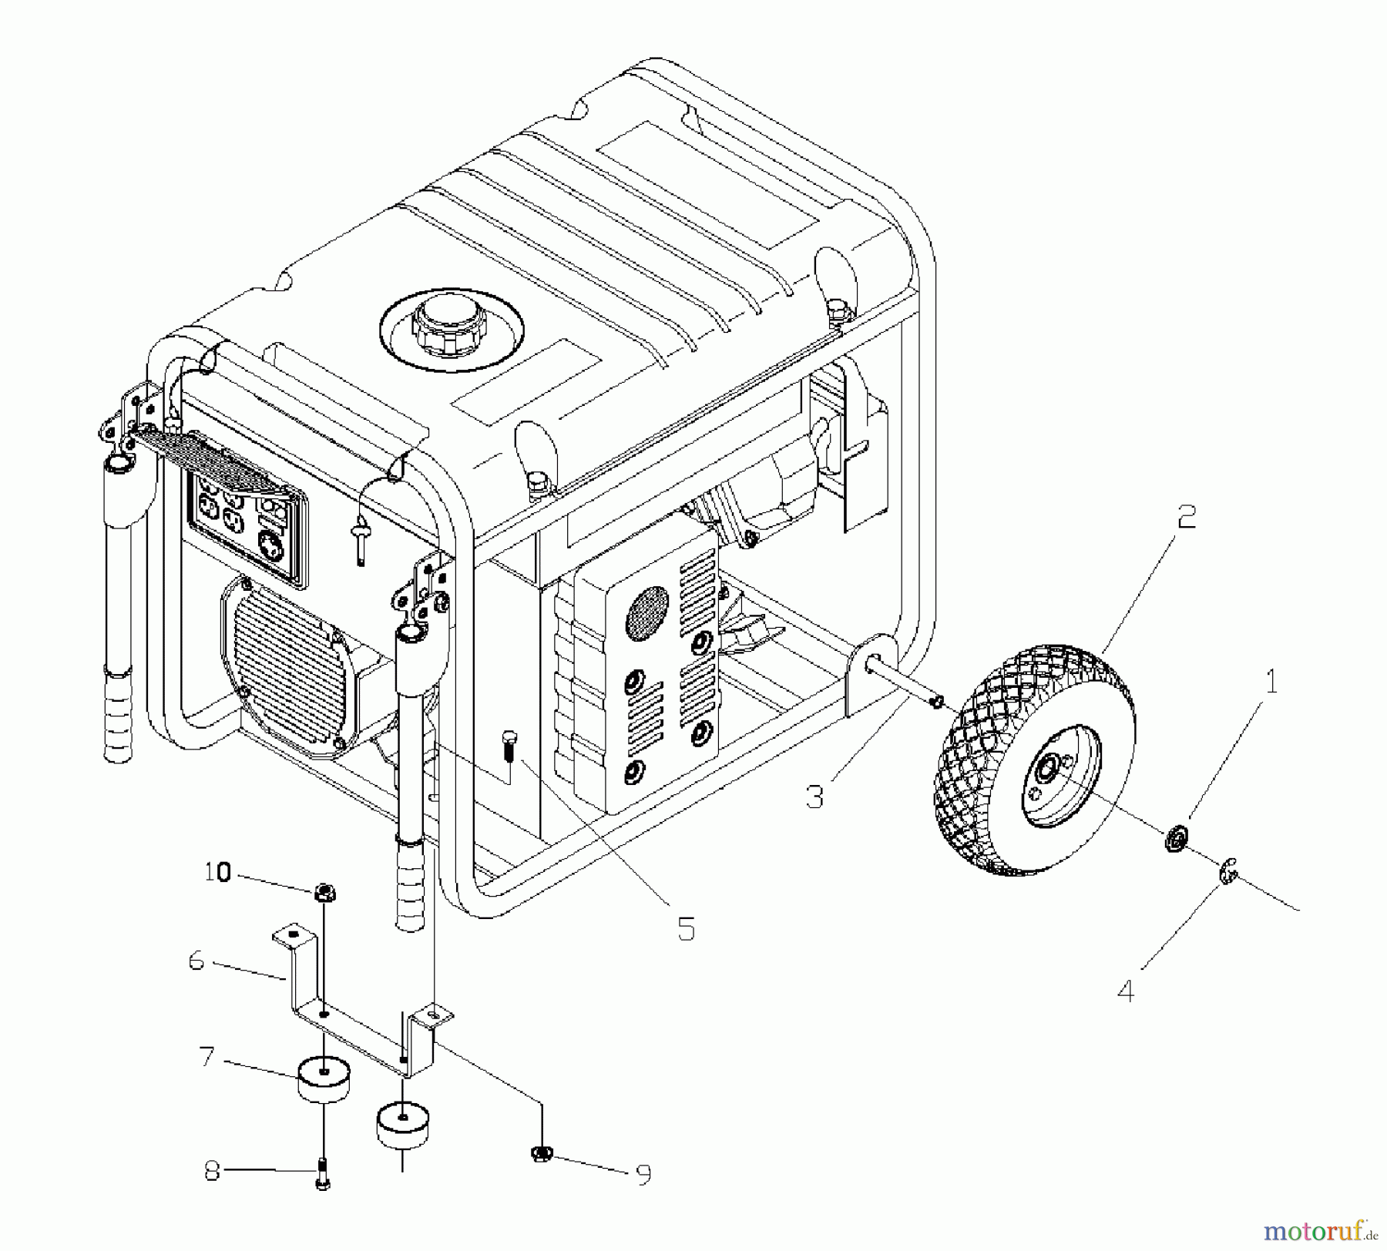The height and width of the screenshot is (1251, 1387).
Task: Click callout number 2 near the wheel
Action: pyautogui.click(x=1187, y=517)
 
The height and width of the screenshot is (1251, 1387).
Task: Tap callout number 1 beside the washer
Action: pyautogui.click(x=1271, y=682)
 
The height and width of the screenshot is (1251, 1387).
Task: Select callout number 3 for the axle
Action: pyautogui.click(x=814, y=796)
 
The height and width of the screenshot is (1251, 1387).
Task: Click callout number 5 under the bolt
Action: pyautogui.click(x=686, y=929)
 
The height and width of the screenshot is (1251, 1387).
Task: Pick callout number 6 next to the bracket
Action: pyautogui.click(x=196, y=961)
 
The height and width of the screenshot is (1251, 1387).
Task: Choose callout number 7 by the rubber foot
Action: pyautogui.click(x=206, y=1056)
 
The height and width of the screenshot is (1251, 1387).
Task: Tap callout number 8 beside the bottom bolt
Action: pyautogui.click(x=212, y=1172)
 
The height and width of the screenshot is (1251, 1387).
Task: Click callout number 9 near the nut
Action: pyautogui.click(x=643, y=1174)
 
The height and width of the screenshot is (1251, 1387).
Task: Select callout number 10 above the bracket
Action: pyautogui.click(x=217, y=872)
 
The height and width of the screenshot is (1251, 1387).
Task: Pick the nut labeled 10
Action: pyautogui.click(x=324, y=893)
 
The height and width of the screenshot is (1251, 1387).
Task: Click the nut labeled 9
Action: pyautogui.click(x=542, y=1152)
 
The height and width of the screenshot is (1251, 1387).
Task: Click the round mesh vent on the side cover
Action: pyautogui.click(x=646, y=612)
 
